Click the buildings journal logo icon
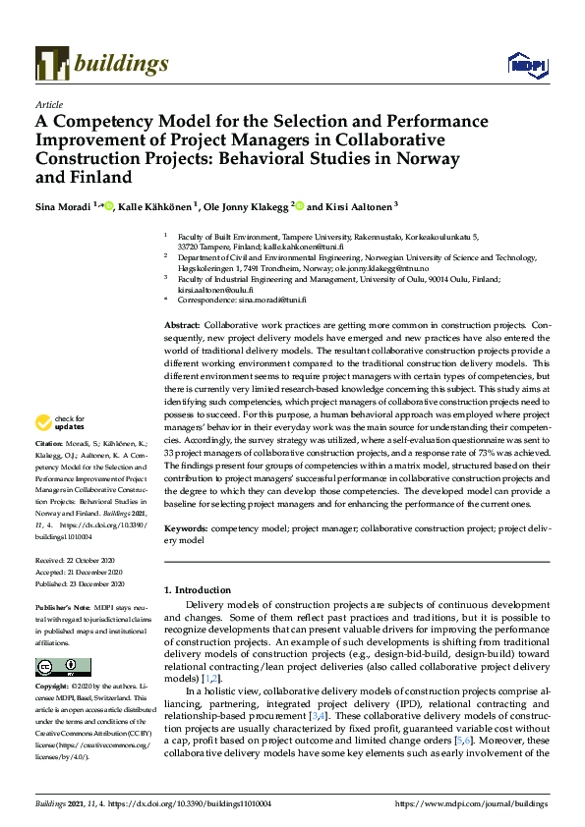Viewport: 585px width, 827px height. [50, 64]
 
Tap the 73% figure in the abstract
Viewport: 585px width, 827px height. [461, 440]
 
